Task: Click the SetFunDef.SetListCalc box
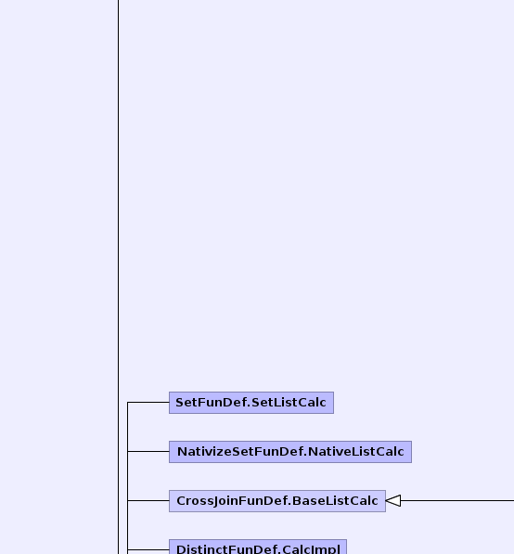click(251, 403)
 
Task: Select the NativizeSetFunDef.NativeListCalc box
click(290, 452)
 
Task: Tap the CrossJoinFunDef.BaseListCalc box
click(277, 501)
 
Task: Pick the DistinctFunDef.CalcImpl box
click(258, 547)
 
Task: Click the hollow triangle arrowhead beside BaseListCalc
click(392, 501)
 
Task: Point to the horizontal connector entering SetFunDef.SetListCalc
click(148, 402)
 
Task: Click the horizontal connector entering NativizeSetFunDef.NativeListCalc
click(148, 451)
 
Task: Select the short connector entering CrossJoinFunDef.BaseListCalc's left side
click(148, 500)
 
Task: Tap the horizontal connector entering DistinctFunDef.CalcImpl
click(148, 549)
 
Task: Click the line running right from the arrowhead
click(457, 500)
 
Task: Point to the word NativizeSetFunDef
click(241, 452)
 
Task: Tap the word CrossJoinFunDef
click(233, 501)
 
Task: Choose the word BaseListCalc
click(335, 501)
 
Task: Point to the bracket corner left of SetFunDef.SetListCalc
click(127, 402)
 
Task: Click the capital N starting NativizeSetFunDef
click(181, 452)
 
